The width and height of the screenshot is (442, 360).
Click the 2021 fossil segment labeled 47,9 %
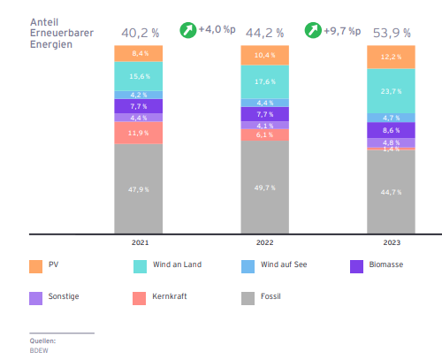tap(139, 188)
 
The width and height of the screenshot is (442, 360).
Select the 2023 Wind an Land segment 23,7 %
tap(392, 91)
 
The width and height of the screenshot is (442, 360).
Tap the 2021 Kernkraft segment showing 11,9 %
tap(139, 133)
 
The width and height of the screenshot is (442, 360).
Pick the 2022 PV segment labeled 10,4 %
tap(265, 55)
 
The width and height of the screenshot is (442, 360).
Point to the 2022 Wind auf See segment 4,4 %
tap(265, 103)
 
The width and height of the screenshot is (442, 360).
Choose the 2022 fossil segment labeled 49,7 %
tap(265, 188)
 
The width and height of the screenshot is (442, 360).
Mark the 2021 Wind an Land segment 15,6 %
tap(139, 76)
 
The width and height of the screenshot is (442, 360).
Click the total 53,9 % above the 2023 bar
tap(392, 33)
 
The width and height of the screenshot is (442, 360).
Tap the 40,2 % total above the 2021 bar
tap(139, 33)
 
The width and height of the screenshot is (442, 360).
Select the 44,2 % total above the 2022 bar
tap(265, 33)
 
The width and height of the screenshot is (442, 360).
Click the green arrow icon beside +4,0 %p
tap(187, 30)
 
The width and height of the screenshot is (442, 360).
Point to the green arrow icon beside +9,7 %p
tap(313, 30)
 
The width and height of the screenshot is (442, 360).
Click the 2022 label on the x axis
tap(265, 241)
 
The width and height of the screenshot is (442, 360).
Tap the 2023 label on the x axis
tap(392, 241)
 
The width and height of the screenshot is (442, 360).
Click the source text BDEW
tap(39, 349)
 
